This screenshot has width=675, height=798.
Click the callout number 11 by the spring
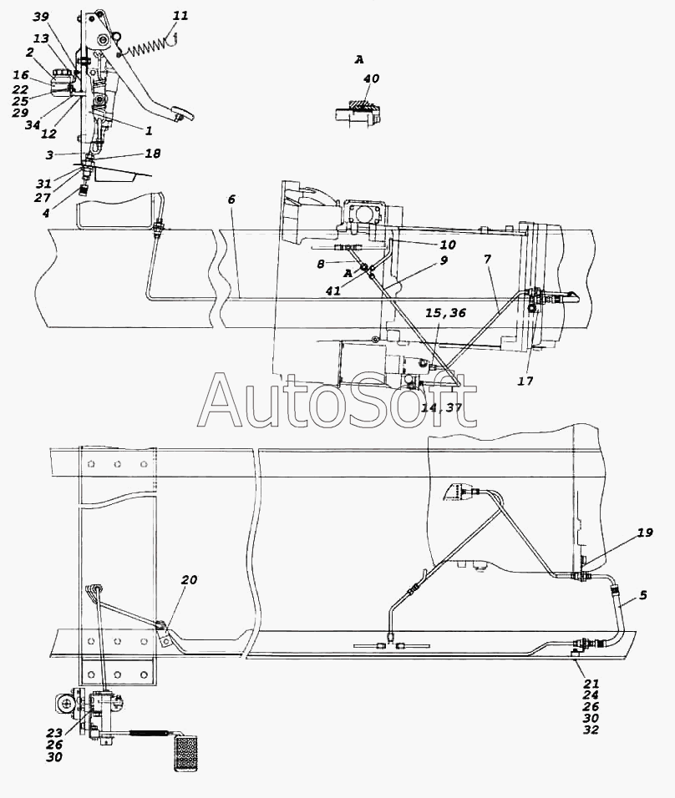click(181, 16)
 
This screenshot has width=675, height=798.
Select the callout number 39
click(41, 18)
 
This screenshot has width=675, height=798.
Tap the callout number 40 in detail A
click(372, 79)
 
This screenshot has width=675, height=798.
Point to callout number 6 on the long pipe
click(231, 199)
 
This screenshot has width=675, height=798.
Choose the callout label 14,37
click(442, 408)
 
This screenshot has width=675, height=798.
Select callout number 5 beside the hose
click(643, 595)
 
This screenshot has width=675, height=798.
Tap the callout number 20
click(189, 580)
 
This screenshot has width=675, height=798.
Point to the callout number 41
click(333, 292)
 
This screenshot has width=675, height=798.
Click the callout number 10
click(448, 245)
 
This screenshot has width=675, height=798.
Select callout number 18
click(152, 154)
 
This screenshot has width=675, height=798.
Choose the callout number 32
click(591, 730)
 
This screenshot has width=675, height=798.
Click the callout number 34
click(33, 125)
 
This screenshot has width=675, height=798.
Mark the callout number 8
click(321, 265)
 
